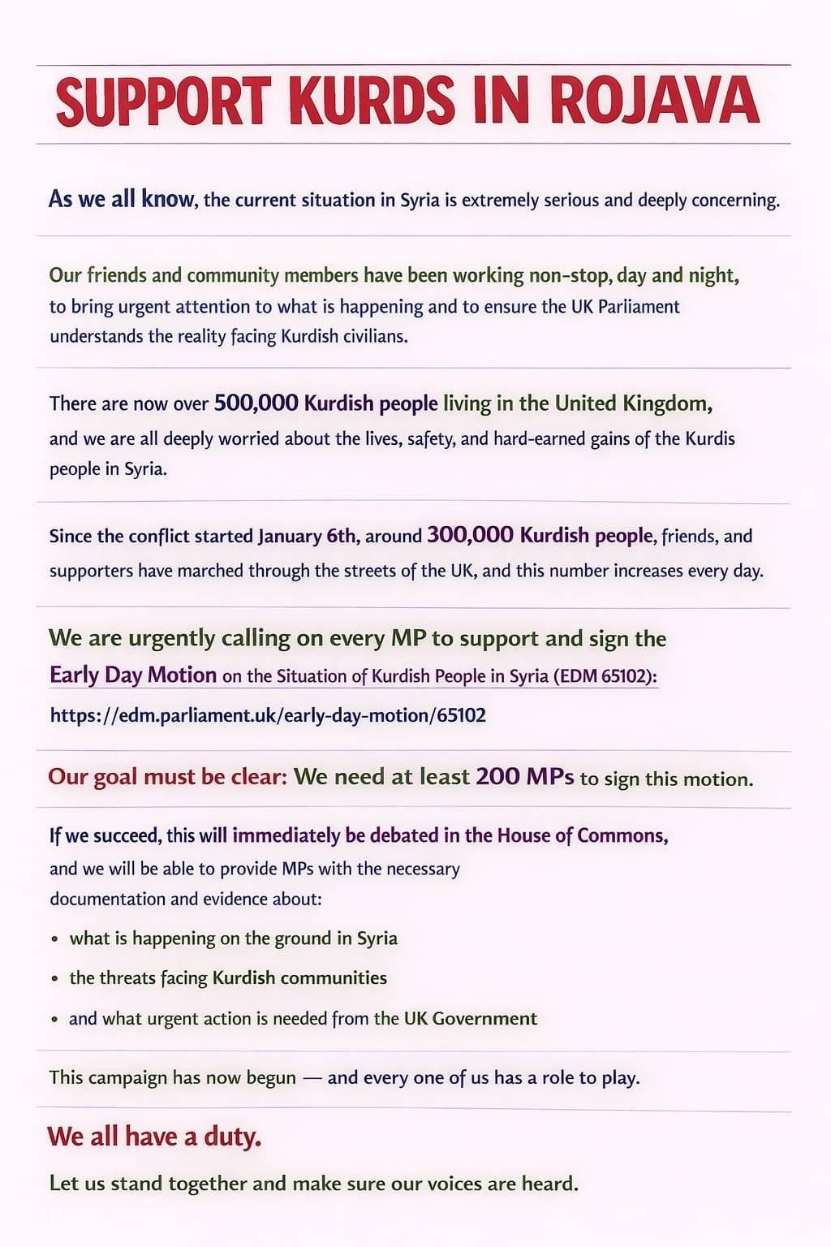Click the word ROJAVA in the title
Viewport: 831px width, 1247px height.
click(x=653, y=101)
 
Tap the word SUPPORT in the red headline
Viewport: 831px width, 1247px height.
click(x=161, y=101)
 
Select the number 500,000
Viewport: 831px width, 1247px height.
click(x=254, y=403)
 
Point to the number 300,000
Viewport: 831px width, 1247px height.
click(x=470, y=535)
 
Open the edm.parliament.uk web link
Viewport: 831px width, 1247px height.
click(x=268, y=715)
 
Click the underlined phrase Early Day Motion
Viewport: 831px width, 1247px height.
click(x=133, y=675)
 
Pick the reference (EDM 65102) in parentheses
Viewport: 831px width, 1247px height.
click(x=605, y=676)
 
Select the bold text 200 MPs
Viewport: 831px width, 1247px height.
click(x=524, y=777)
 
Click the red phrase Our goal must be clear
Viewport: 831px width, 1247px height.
click(x=167, y=777)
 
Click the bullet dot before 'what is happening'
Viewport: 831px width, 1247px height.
click(x=54, y=939)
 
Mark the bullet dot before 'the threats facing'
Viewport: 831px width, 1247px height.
click(x=54, y=979)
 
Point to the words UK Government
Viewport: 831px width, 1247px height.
click(x=471, y=1018)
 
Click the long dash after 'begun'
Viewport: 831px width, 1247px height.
click(x=312, y=1078)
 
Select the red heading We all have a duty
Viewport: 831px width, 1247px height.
click(x=154, y=1136)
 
